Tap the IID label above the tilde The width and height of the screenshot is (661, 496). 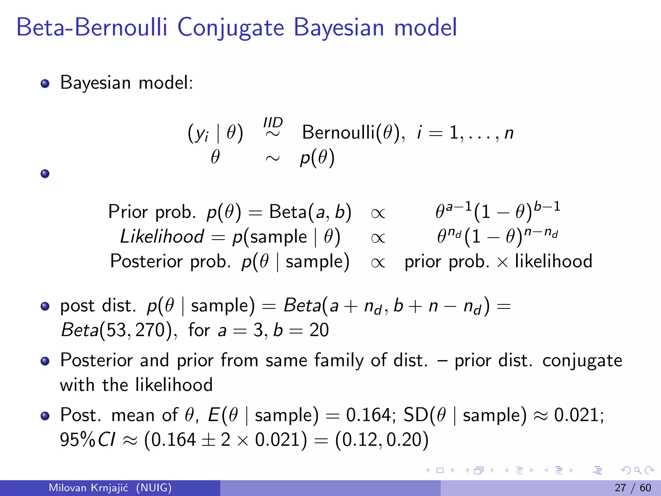point(273,123)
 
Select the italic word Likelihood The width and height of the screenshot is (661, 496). point(162,236)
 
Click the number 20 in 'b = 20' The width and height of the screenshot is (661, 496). point(319,330)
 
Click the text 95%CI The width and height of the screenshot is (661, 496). point(87,440)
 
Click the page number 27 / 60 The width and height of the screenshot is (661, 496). point(633,488)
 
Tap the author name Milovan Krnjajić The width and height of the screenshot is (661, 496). point(88,488)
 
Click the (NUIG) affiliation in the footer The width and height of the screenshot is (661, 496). point(154,488)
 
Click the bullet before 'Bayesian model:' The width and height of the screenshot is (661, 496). point(45,84)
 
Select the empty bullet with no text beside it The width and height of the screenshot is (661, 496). point(45,174)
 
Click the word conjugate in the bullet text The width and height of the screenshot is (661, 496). point(582,361)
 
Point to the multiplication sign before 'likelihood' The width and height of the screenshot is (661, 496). point(502,262)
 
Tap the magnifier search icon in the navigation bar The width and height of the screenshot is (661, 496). point(637,470)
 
